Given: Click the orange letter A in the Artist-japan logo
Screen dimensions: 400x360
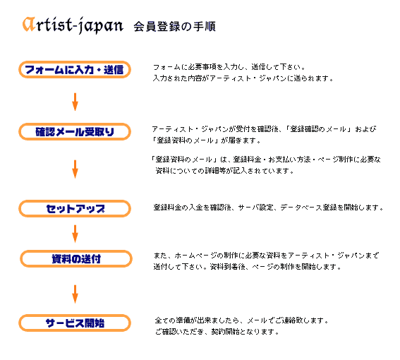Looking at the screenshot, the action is [29, 25].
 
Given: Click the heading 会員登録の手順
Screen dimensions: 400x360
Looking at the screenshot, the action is [174, 26].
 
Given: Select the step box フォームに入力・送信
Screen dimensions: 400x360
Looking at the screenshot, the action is [75, 69].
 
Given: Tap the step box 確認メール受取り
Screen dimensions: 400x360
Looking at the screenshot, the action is [75, 132].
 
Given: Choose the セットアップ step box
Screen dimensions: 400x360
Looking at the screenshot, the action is [75, 209].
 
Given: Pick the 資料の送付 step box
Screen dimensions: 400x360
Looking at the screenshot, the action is [76, 258].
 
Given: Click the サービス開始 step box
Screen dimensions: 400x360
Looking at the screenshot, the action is [75, 323].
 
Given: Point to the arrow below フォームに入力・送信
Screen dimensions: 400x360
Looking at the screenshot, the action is [75, 102].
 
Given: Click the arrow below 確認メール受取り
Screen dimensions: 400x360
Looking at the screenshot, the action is [75, 169].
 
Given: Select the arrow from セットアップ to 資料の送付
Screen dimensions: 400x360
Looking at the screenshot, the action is [75, 234].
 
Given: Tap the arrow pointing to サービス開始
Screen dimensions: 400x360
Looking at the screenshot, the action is [75, 294].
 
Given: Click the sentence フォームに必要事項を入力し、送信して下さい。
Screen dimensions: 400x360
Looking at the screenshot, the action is [229, 67].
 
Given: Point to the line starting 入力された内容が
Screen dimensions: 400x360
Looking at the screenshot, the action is [243, 78].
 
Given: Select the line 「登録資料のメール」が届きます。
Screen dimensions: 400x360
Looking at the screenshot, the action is [206, 140].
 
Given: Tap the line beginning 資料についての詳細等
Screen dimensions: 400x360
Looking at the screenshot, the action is [225, 171].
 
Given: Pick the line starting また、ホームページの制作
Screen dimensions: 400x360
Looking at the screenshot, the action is [267, 256].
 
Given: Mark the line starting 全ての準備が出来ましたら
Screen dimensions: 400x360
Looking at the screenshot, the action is [242, 320].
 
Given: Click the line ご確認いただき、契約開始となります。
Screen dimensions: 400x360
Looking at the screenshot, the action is [217, 332].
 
